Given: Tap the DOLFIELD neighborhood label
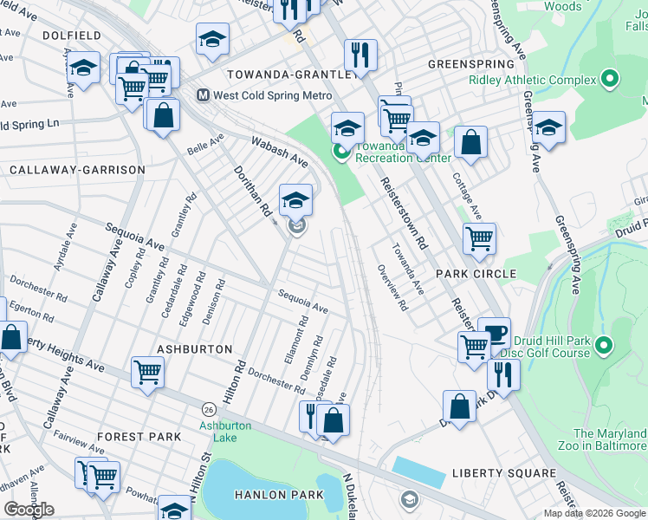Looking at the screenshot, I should (x=71, y=36).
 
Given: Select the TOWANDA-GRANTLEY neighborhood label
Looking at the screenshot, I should (x=291, y=75).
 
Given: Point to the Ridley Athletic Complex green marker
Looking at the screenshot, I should (x=610, y=80).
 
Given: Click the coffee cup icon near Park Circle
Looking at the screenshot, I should (x=494, y=334).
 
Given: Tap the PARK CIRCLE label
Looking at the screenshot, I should (x=476, y=274).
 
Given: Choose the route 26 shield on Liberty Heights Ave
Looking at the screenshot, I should (x=208, y=408).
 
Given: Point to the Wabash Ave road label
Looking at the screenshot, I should (x=280, y=151).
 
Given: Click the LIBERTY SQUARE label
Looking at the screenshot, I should (x=503, y=474).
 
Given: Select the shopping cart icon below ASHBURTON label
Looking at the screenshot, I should (x=147, y=373).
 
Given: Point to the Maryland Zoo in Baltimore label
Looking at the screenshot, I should (x=610, y=439).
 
